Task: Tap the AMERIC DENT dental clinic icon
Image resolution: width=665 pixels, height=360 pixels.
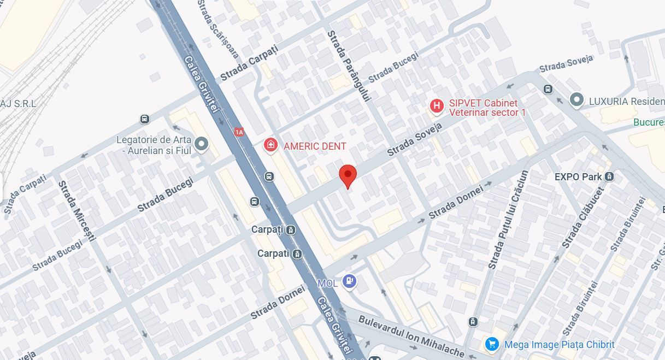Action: [x=270, y=145]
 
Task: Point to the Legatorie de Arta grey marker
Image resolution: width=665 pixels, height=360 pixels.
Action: [x=202, y=144]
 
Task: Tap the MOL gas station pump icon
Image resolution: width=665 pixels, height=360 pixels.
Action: [x=349, y=281]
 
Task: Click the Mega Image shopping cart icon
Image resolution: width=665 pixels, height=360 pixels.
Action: [x=492, y=344]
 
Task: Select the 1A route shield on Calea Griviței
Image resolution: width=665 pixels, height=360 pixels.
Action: [x=239, y=132]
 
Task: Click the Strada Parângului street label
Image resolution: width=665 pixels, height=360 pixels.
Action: [x=349, y=66]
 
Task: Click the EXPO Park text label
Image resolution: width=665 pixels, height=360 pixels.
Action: [x=578, y=177]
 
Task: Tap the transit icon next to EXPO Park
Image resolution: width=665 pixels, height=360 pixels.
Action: [x=610, y=176]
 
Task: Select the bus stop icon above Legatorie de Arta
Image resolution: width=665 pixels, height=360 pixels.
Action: [x=144, y=119]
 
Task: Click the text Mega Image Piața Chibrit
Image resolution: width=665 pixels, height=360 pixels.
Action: [x=559, y=345]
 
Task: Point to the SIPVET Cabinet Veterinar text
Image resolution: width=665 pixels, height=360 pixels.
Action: [x=486, y=108]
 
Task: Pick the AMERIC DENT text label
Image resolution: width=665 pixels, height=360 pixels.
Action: [x=315, y=146]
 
